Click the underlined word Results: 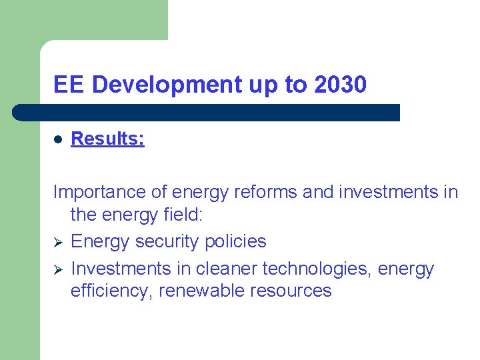click(107, 139)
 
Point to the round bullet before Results click(58, 139)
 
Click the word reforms click(264, 192)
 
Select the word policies click(235, 241)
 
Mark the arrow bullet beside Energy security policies click(57, 242)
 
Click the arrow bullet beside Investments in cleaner click(57, 269)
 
